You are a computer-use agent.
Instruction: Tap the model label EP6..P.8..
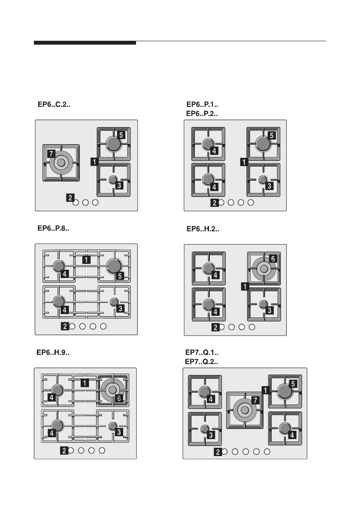click(x=53, y=229)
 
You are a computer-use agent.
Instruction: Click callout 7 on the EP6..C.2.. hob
click(x=51, y=152)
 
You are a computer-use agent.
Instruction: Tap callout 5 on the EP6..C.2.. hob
click(x=121, y=135)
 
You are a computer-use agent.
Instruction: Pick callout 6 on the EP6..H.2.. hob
click(x=273, y=259)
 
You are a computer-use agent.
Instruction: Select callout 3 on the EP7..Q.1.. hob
click(x=211, y=435)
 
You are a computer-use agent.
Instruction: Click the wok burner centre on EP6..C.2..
click(x=61, y=163)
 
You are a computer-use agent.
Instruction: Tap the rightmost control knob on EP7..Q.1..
click(x=267, y=451)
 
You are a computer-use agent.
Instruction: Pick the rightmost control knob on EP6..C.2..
click(x=96, y=203)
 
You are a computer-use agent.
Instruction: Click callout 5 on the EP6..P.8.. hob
click(x=121, y=275)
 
